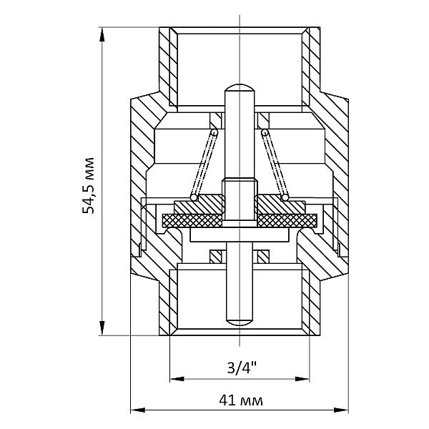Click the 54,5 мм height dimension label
click(x=89, y=185)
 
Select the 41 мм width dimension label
click(x=241, y=400)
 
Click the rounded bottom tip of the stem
click(x=240, y=322)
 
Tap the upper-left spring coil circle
click(x=214, y=132)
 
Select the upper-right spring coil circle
click(x=265, y=132)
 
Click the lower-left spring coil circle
click(x=194, y=197)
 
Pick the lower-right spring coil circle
click(x=285, y=197)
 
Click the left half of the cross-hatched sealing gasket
click(x=192, y=220)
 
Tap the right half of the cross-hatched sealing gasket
click(x=287, y=220)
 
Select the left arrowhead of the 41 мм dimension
click(x=137, y=410)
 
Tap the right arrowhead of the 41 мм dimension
click(x=341, y=410)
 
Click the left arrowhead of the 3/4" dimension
click(x=177, y=379)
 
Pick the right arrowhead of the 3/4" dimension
click(x=302, y=379)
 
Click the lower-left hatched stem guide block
click(x=215, y=257)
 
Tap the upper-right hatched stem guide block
click(x=263, y=120)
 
